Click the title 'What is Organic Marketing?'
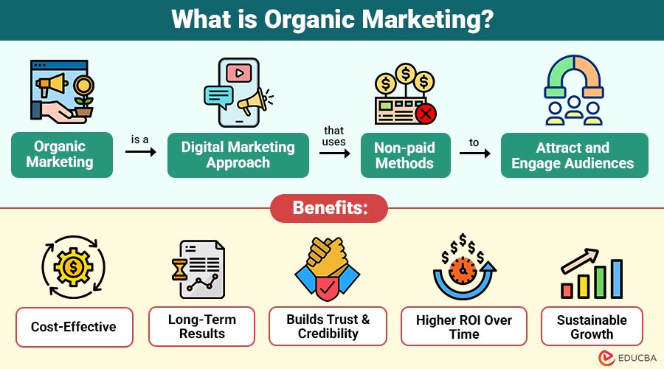(x=331, y=20)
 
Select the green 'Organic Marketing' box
(x=62, y=155)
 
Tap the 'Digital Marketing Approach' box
(x=238, y=155)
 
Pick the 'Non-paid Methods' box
(x=405, y=155)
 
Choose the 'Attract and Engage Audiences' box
(x=573, y=155)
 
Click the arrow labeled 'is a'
(x=141, y=152)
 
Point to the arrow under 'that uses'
(x=334, y=152)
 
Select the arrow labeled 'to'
(x=475, y=153)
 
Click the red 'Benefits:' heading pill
(x=331, y=207)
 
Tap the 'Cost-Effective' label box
(x=74, y=327)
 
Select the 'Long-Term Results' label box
(x=201, y=327)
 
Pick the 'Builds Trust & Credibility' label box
(x=328, y=327)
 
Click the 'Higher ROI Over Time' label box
(x=463, y=327)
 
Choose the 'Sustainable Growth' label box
(x=592, y=327)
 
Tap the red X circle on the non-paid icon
(x=426, y=114)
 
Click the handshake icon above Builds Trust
(x=327, y=269)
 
